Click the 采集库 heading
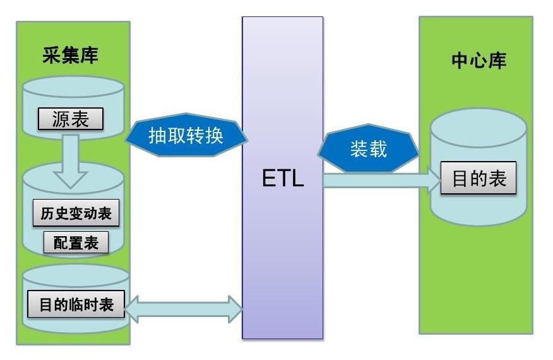click(71, 56)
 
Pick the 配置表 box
click(76, 243)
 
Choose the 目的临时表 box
click(76, 304)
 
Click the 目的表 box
click(479, 179)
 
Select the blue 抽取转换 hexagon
click(186, 136)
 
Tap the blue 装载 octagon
click(368, 150)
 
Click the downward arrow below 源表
click(71, 160)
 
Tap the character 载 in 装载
click(378, 150)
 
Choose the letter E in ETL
click(269, 179)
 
